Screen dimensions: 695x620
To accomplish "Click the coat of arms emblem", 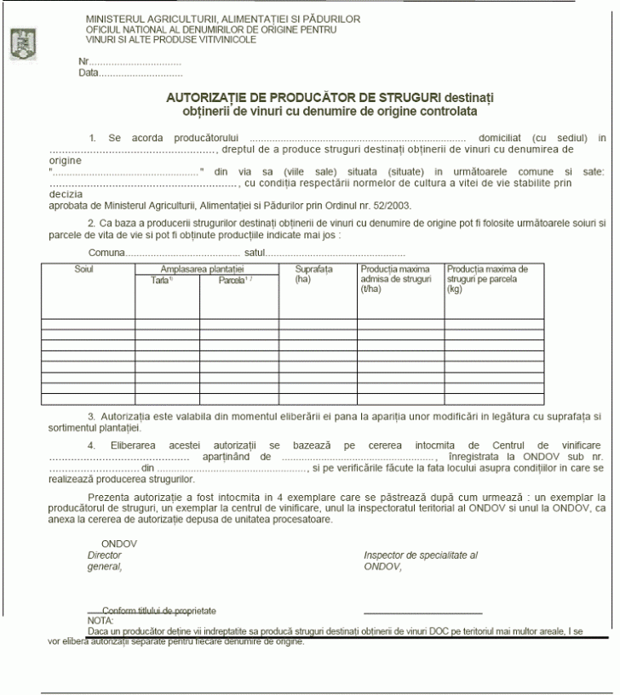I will (x=20, y=40).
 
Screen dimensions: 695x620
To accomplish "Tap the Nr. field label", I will (x=83, y=62).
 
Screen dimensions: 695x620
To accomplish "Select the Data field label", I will (x=89, y=73).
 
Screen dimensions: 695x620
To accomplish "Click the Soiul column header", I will (x=83, y=269).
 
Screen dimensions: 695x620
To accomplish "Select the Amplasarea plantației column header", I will (x=208, y=269).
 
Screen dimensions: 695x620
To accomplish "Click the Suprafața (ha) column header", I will (x=313, y=273).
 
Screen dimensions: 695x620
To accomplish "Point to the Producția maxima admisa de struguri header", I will (x=397, y=278).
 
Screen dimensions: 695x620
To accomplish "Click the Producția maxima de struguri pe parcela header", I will (x=488, y=278).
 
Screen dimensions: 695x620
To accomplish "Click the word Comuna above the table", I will (x=106, y=253).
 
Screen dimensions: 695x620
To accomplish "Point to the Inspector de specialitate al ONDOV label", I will (x=420, y=560).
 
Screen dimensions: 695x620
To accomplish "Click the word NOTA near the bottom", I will (x=100, y=621).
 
